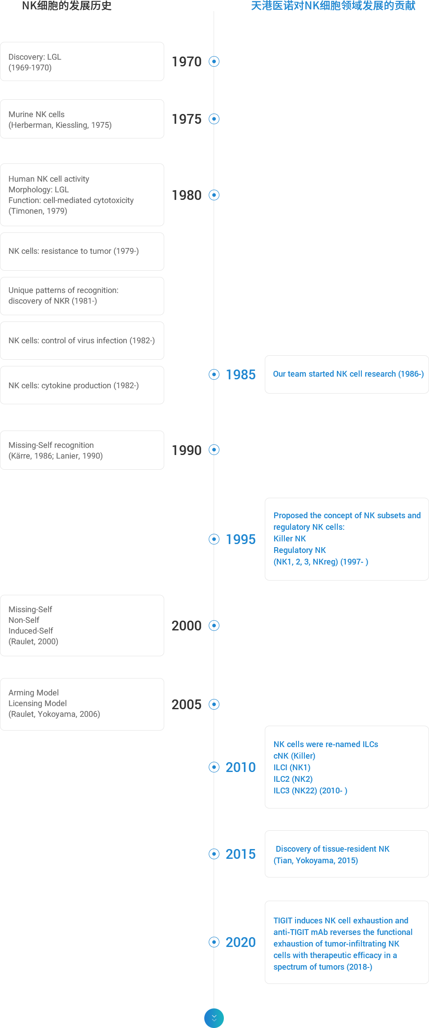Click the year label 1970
pyautogui.click(x=186, y=61)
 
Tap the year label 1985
pyautogui.click(x=241, y=374)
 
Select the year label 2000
pyautogui.click(x=186, y=626)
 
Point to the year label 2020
pyautogui.click(x=241, y=942)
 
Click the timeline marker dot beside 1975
pyautogui.click(x=214, y=119)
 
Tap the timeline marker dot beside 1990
pyautogui.click(x=214, y=450)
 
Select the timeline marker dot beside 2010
pyautogui.click(x=214, y=767)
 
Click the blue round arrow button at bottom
pyautogui.click(x=214, y=1018)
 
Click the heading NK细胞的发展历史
pyautogui.click(x=67, y=6)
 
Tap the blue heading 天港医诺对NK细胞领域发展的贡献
pyautogui.click(x=333, y=6)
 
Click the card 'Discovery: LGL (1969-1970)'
pyautogui.click(x=82, y=61)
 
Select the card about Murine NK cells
pyautogui.click(x=82, y=119)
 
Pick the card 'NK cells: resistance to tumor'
pyautogui.click(x=82, y=252)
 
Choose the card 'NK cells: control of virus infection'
pyautogui.click(x=82, y=341)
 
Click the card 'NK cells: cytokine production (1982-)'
pyautogui.click(x=82, y=385)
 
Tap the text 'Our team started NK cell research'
pyautogui.click(x=335, y=374)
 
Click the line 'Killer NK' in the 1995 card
pyautogui.click(x=290, y=539)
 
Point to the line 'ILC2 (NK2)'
pyautogui.click(x=293, y=779)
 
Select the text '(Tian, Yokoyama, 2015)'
pyautogui.click(x=316, y=861)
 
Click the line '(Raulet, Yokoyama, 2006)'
pyautogui.click(x=54, y=714)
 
